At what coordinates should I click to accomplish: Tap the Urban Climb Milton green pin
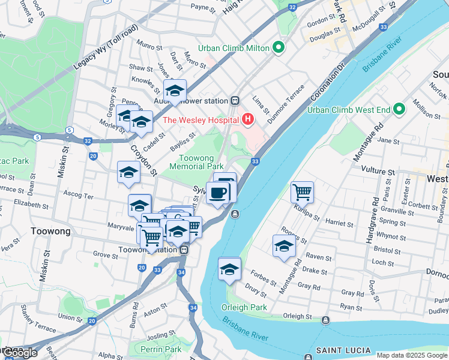(278, 48)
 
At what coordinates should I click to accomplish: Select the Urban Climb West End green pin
(399, 110)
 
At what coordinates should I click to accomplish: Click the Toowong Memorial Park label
(196, 162)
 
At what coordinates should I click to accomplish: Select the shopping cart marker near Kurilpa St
(302, 193)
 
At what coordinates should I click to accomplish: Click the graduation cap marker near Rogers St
(285, 246)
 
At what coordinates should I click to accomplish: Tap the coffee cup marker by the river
(218, 193)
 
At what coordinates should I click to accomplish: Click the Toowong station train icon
(185, 250)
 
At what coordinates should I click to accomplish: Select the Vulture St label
(382, 172)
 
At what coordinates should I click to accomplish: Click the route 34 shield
(193, 308)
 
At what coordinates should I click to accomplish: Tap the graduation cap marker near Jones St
(175, 91)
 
